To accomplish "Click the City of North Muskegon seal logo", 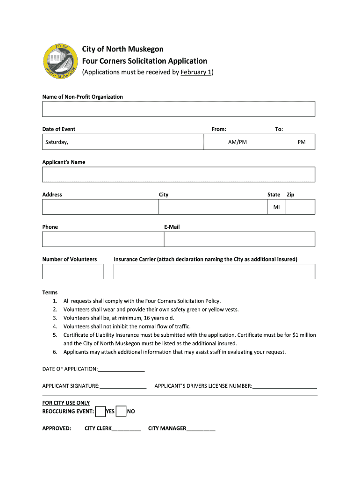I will click(60, 61).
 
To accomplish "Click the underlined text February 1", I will click(196, 73).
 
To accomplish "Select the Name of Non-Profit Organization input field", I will click(178, 109).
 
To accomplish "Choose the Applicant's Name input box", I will click(178, 174).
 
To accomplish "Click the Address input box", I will click(100, 207).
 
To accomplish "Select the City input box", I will click(213, 207).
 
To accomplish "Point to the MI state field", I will click(276, 207).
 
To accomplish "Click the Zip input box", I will click(300, 207).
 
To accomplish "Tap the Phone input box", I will click(103, 239).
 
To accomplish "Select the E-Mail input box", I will click(239, 239).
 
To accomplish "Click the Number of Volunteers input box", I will click(72, 271).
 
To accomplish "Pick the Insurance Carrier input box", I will click(214, 271).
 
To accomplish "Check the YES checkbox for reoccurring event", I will click(100, 411).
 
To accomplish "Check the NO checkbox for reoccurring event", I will click(121, 411).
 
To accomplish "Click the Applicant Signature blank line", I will click(123, 387).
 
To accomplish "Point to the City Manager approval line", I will click(201, 429).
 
